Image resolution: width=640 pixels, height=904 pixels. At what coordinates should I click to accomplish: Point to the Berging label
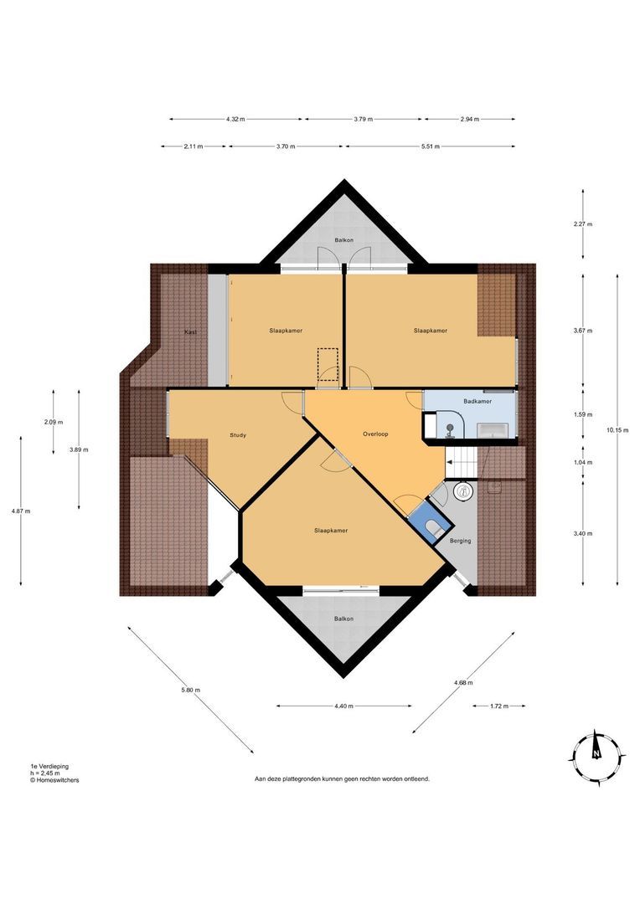[460, 541]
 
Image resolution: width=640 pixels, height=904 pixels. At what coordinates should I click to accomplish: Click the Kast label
[190, 332]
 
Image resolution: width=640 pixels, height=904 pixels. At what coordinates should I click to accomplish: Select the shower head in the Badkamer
[450, 426]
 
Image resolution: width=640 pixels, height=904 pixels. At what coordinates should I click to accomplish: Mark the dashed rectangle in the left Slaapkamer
[328, 364]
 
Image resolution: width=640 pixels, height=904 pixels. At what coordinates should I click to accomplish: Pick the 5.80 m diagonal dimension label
[191, 690]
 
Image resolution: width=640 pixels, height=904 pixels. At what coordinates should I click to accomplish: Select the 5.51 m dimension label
[430, 146]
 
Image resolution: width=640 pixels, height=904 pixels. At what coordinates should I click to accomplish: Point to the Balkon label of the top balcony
[343, 240]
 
